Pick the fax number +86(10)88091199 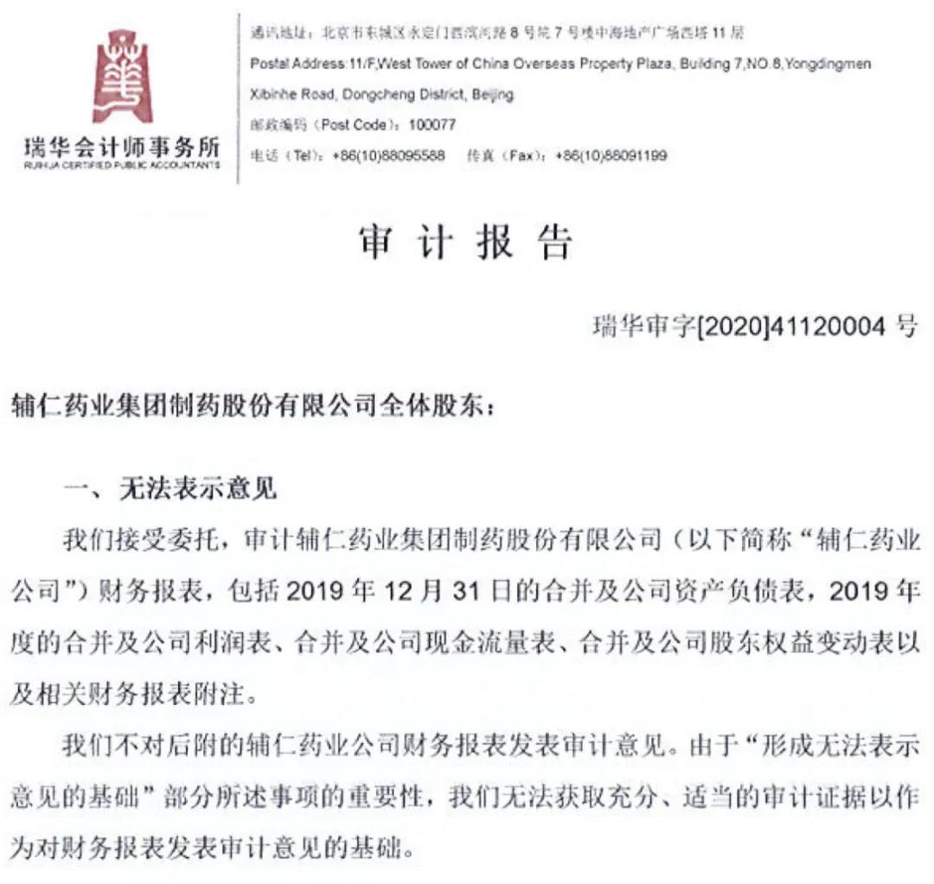click(x=611, y=156)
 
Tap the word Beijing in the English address click(x=492, y=94)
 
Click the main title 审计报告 click(x=466, y=245)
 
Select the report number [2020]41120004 click(x=792, y=326)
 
